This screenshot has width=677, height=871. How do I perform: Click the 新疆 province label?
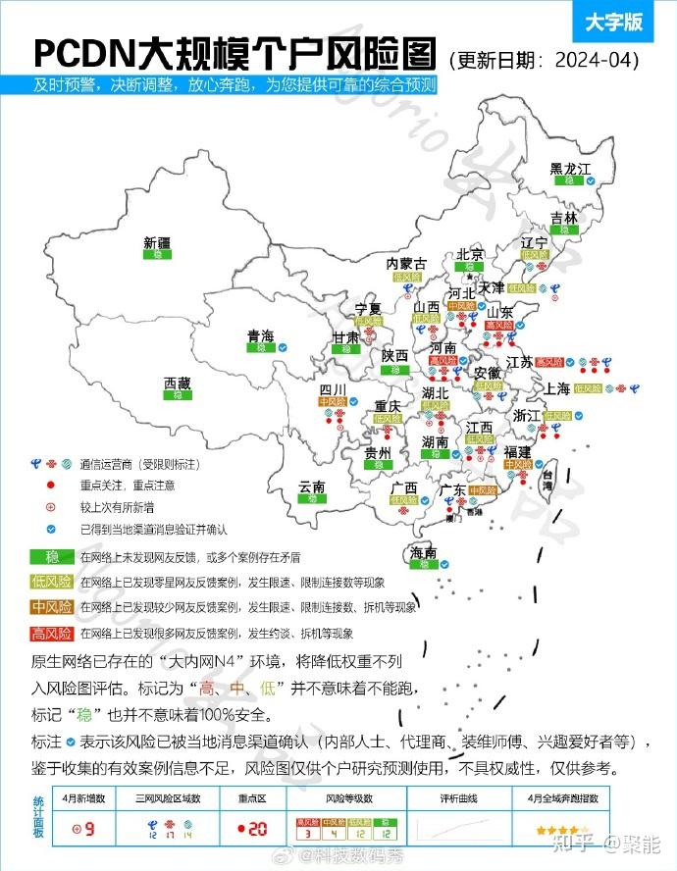[x=157, y=241]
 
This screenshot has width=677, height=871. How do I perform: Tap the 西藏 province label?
[x=178, y=384]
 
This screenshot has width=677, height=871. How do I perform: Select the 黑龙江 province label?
[x=570, y=170]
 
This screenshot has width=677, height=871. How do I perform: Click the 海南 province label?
[x=424, y=553]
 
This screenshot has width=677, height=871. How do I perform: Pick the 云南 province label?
[x=312, y=487]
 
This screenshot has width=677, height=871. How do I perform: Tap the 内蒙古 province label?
[x=406, y=264]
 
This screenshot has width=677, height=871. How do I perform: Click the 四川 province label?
[x=334, y=390]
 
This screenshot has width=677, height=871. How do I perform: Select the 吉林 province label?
[x=564, y=218]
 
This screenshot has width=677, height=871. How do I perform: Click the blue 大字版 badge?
[x=613, y=21]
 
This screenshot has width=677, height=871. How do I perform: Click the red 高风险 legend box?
[x=52, y=633]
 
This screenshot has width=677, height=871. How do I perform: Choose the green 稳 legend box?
[x=52, y=556]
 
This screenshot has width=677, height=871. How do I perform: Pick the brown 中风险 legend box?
[x=52, y=607]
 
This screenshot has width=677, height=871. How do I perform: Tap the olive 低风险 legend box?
[x=52, y=582]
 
